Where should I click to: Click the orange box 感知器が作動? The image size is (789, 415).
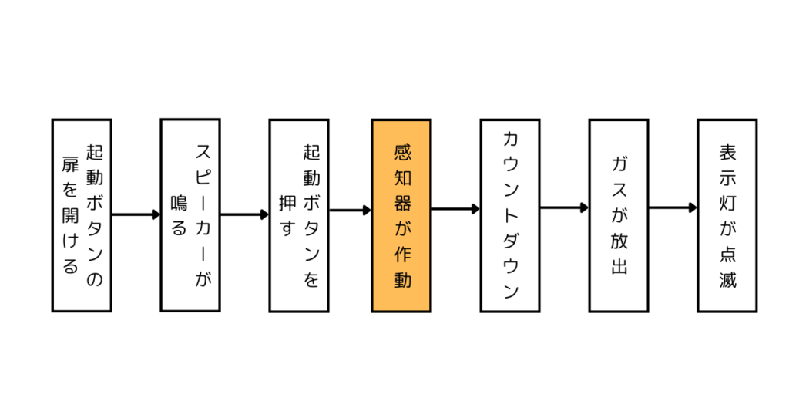pyautogui.click(x=401, y=215)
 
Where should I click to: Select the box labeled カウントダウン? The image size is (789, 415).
pyautogui.click(x=509, y=215)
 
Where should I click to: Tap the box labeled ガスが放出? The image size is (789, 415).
pyautogui.click(x=618, y=215)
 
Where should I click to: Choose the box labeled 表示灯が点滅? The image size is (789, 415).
pyautogui.click(x=727, y=215)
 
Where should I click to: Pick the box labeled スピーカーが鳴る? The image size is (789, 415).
pyautogui.click(x=190, y=215)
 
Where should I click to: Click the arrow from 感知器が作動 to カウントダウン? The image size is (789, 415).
pyautogui.click(x=455, y=208)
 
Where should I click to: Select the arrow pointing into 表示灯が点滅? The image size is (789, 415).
pyautogui.click(x=673, y=207)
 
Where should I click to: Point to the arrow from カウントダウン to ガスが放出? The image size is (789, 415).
pyautogui.click(x=564, y=207)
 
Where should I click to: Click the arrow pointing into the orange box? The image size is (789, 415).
pyautogui.click(x=351, y=210)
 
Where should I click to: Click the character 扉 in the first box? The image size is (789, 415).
pyautogui.click(x=70, y=167)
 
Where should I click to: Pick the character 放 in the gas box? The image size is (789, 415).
pyautogui.click(x=618, y=237)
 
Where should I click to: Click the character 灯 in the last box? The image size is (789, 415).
pyautogui.click(x=727, y=201)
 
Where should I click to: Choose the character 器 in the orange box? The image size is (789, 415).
pyautogui.click(x=401, y=203)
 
